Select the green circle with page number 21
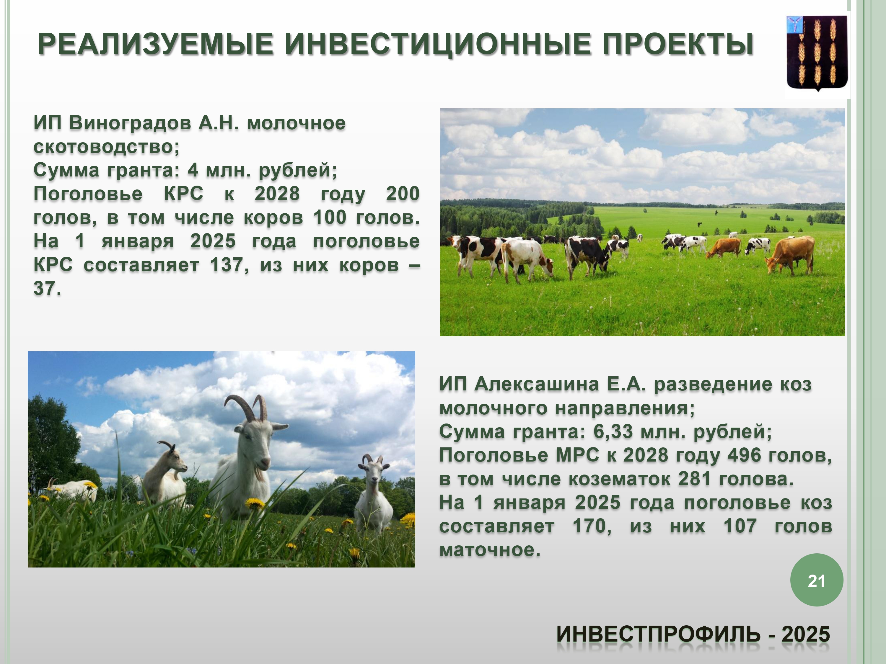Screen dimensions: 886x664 817,580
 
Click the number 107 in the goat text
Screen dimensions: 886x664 740,526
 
